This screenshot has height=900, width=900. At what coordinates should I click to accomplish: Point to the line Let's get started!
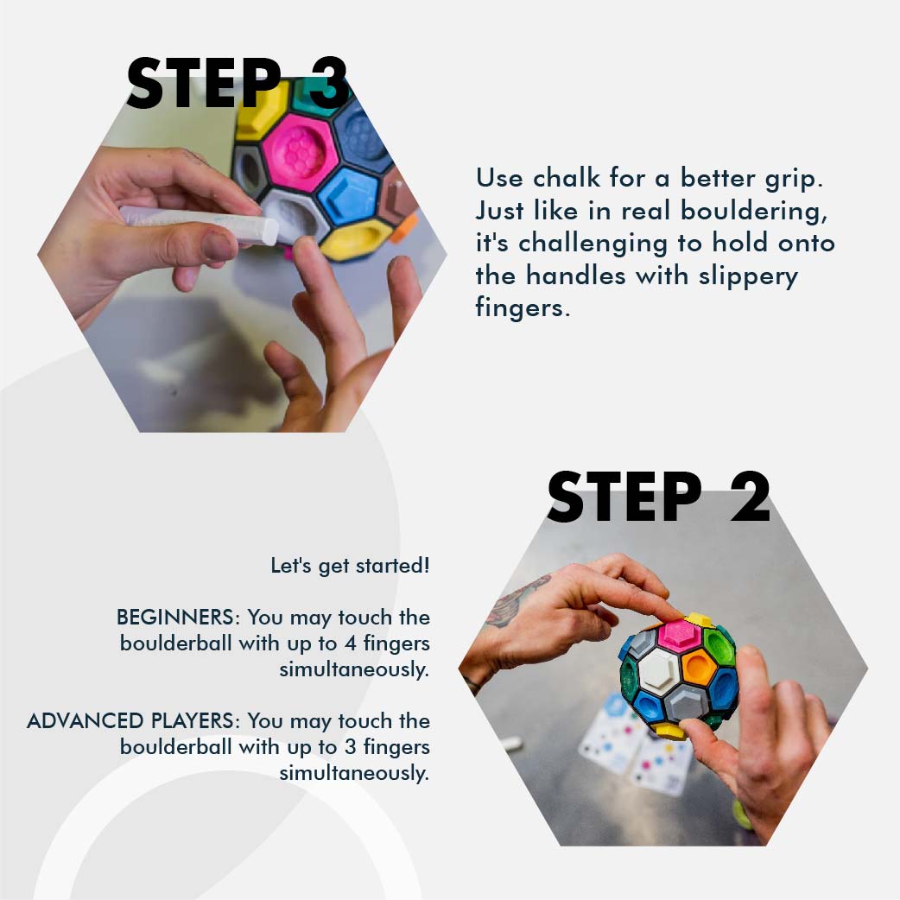[350, 567]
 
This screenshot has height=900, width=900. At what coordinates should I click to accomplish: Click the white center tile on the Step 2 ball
[662, 669]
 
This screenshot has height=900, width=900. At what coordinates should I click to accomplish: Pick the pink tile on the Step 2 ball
[677, 635]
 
